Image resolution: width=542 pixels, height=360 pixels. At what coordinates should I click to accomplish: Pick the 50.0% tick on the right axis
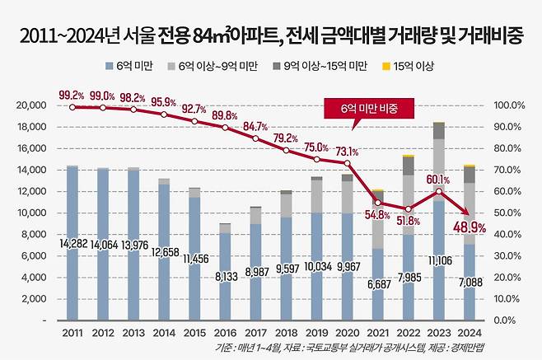click(508, 213)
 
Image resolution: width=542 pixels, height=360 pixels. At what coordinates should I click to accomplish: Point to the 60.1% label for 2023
click(437, 179)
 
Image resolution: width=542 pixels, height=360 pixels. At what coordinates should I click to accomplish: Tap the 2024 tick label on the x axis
click(468, 333)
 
